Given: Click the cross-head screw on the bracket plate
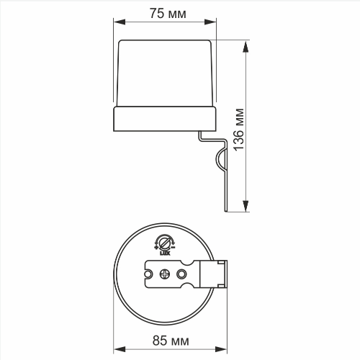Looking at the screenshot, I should click(x=165, y=274).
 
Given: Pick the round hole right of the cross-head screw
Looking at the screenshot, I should click(x=182, y=274).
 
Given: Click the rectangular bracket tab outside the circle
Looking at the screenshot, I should click(x=220, y=274).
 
